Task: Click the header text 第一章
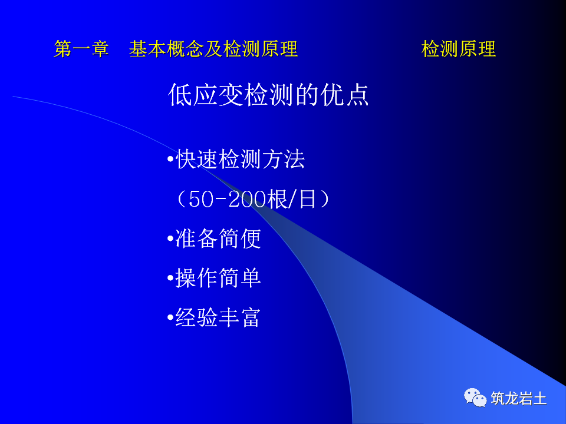(x=81, y=49)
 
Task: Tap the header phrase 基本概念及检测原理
(x=213, y=49)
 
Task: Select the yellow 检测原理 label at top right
(x=459, y=49)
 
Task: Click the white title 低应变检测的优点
(x=269, y=95)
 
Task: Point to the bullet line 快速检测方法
(x=240, y=160)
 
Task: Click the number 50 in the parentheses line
(x=202, y=200)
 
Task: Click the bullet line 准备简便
(x=218, y=238)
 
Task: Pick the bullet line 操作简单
(x=218, y=278)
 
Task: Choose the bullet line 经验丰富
(x=218, y=317)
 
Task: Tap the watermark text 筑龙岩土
(x=519, y=399)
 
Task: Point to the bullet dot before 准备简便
(x=170, y=239)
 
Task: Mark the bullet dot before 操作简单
(x=170, y=279)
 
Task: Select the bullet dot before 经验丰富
(x=170, y=318)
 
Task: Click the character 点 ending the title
(x=357, y=95)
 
